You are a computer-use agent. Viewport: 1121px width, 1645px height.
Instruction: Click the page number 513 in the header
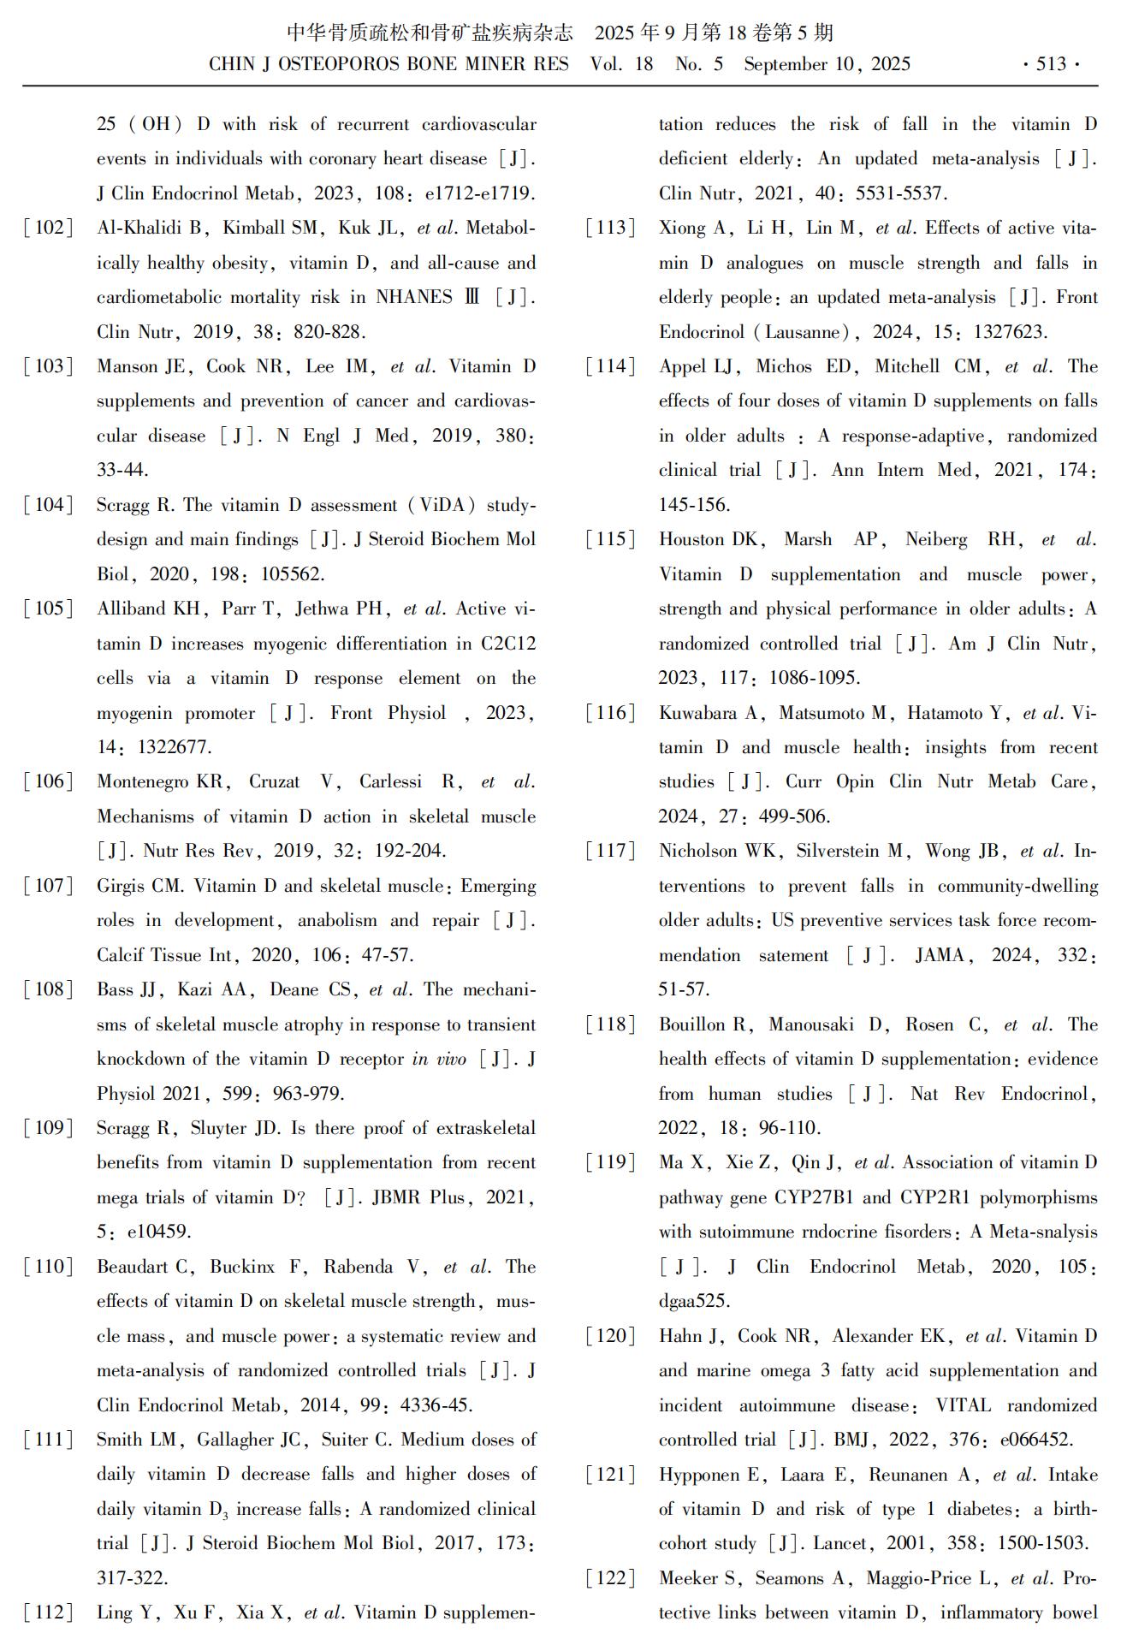pos(1050,64)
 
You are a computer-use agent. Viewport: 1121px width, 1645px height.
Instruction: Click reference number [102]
pos(49,228)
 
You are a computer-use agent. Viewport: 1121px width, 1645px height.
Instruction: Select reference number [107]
pos(49,885)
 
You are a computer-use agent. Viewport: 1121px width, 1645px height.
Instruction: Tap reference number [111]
pos(49,1439)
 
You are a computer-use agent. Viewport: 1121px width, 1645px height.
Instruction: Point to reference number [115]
pos(611,539)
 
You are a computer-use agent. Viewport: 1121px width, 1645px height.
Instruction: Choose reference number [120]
pos(611,1335)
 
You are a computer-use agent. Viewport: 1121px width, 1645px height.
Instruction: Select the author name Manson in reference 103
pos(128,366)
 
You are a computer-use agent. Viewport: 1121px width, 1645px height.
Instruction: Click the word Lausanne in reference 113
pos(801,332)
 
